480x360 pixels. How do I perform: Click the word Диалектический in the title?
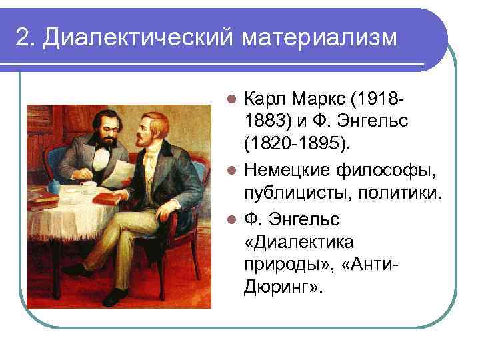(134, 38)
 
